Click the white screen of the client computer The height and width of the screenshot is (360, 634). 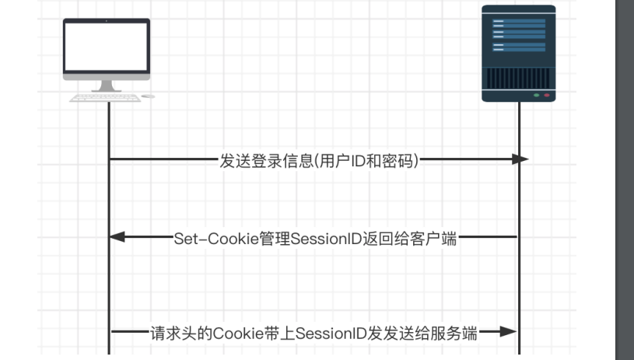106,47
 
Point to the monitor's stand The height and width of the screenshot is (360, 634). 106,86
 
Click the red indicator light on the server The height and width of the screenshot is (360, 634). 546,95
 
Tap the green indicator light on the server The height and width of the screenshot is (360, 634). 536,95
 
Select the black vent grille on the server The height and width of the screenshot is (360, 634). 518,78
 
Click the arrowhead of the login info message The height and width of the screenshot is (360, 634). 520,159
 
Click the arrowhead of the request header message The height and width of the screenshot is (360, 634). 508,332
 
